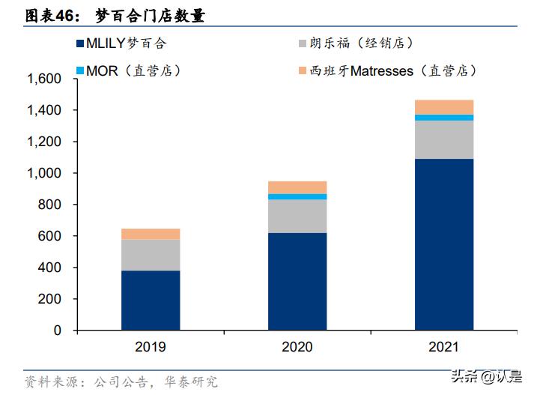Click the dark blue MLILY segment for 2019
tap(151, 300)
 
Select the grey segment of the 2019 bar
tap(151, 255)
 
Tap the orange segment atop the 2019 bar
tap(151, 234)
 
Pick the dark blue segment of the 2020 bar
tap(297, 281)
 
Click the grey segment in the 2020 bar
tap(297, 216)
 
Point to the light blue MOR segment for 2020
tap(297, 196)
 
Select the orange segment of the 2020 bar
tap(297, 187)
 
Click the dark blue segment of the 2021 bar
tap(444, 244)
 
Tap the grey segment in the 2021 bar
tap(444, 139)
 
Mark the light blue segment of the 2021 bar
tap(444, 118)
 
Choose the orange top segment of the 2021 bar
tap(444, 107)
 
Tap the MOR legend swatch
tap(80, 70)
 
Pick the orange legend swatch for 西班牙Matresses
tap(302, 70)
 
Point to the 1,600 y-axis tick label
tap(43, 79)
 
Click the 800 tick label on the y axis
tap(49, 205)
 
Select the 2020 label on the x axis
tap(297, 347)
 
